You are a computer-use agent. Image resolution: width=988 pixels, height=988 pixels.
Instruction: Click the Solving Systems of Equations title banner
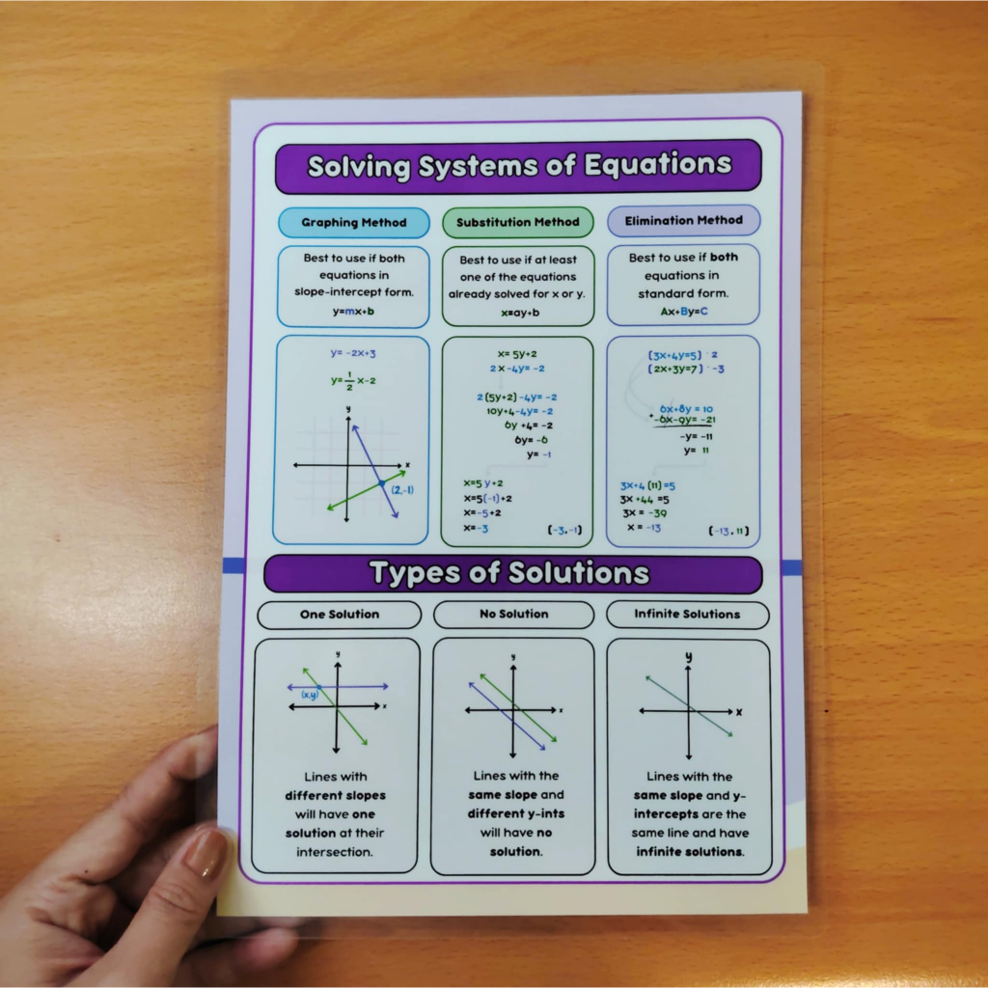click(518, 166)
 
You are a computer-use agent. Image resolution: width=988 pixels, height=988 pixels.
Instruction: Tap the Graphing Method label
click(353, 223)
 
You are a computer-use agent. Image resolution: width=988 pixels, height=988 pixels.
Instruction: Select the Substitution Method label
click(518, 222)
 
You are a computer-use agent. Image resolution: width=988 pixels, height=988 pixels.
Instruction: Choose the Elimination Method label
click(683, 220)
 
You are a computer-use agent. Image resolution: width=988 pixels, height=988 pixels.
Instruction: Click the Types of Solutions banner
click(510, 574)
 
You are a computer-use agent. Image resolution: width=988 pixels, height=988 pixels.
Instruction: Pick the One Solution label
click(340, 615)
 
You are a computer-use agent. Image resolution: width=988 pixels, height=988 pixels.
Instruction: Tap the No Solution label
click(513, 614)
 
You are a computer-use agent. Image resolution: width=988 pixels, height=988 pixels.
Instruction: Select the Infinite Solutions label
click(687, 614)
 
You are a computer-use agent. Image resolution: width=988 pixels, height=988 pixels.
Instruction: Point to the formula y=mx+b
click(353, 312)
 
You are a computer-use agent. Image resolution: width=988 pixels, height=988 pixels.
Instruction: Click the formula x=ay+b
click(520, 313)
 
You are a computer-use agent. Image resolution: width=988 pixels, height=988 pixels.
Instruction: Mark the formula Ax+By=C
click(684, 312)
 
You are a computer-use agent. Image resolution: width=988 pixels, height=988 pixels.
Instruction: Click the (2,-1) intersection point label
click(403, 490)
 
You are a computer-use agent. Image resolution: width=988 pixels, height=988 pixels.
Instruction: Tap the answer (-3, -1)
click(564, 530)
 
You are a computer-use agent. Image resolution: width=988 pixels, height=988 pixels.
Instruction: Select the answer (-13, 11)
click(728, 531)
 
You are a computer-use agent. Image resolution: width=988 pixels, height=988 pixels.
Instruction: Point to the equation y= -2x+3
click(353, 354)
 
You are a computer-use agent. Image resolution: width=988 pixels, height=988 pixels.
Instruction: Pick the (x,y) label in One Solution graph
click(310, 695)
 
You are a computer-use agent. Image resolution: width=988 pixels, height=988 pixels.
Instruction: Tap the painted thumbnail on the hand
click(205, 854)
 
